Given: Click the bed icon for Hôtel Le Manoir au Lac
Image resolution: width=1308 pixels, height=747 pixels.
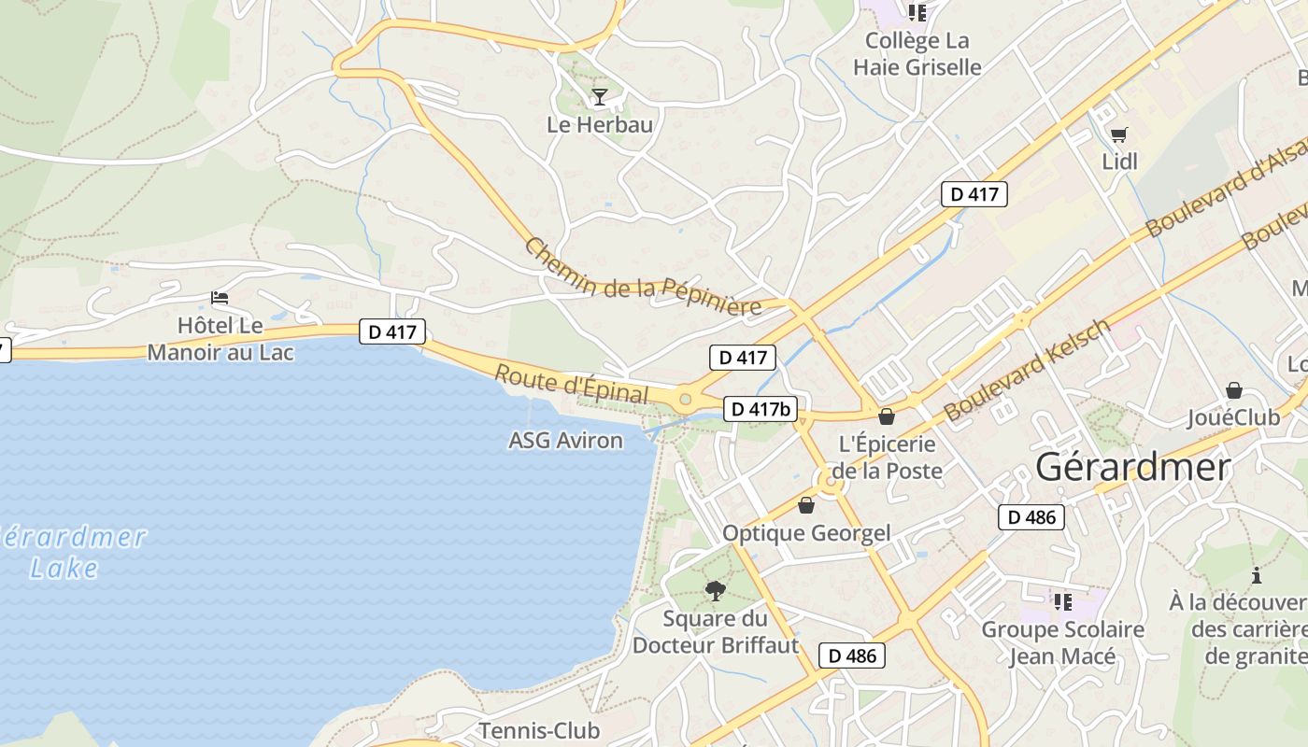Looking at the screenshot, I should pyautogui.click(x=220, y=298).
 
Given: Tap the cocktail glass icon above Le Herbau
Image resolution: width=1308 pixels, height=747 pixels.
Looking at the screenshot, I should pyautogui.click(x=599, y=96).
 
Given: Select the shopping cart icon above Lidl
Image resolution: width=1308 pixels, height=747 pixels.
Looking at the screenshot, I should pyautogui.click(x=1118, y=135).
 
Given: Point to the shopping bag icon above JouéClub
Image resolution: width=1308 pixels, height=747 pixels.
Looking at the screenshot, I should pyautogui.click(x=1234, y=389).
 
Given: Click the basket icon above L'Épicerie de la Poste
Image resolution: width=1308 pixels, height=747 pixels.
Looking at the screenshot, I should pyautogui.click(x=886, y=416).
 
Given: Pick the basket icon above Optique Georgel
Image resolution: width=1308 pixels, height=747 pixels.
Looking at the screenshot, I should pyautogui.click(x=806, y=505).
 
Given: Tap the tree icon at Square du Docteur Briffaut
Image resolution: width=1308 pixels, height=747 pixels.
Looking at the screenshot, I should pyautogui.click(x=716, y=590).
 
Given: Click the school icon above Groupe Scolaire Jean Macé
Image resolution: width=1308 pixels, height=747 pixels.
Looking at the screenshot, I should pyautogui.click(x=1062, y=601).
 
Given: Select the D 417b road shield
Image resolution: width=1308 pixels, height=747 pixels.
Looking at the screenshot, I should pyautogui.click(x=761, y=409).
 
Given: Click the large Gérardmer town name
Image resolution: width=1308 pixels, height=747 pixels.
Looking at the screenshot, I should pyautogui.click(x=1132, y=467).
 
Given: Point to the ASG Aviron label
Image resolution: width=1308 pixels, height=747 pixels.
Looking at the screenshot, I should pyautogui.click(x=565, y=441).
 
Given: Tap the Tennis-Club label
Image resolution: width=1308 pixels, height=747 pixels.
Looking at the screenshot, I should pyautogui.click(x=539, y=729).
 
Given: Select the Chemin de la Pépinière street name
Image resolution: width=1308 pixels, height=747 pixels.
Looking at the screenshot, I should pyautogui.click(x=642, y=277).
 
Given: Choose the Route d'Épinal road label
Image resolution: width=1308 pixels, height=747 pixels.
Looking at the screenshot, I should pyautogui.click(x=571, y=385).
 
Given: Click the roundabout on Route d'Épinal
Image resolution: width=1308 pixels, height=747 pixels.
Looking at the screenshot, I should pyautogui.click(x=686, y=400).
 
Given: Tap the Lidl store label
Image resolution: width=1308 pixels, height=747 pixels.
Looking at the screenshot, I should pyautogui.click(x=1119, y=162).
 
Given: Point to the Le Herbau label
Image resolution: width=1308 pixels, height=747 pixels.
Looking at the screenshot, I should pyautogui.click(x=600, y=124).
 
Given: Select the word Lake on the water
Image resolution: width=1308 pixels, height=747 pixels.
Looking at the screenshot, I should pyautogui.click(x=64, y=568).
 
